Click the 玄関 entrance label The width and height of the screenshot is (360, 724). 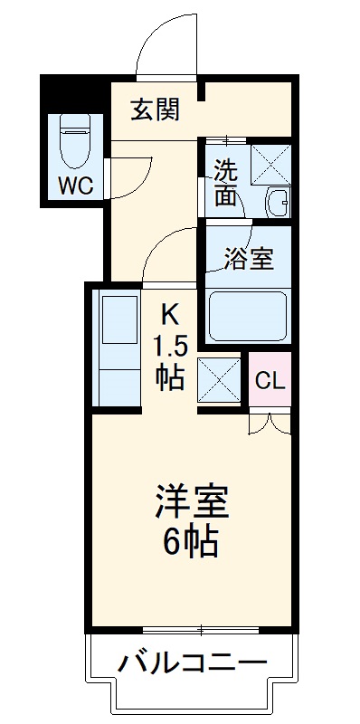[155, 110]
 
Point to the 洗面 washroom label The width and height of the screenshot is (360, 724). [227, 180]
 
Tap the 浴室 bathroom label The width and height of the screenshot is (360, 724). [250, 259]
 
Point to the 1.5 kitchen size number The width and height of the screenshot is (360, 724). [169, 346]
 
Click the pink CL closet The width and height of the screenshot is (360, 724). [270, 380]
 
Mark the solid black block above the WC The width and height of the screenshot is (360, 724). [72, 94]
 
